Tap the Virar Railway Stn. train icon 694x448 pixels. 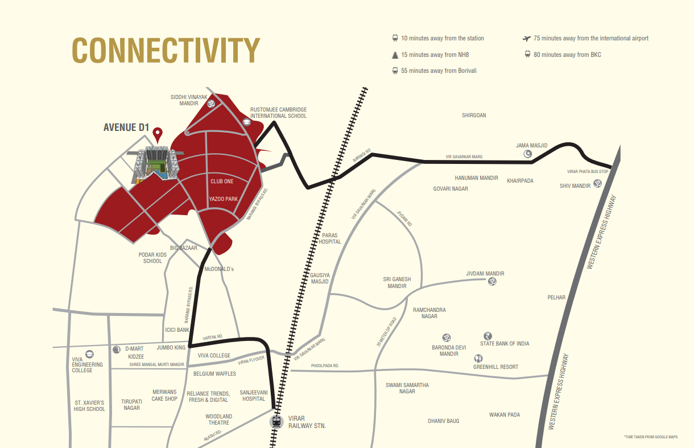[276, 422]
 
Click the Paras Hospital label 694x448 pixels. [331, 238]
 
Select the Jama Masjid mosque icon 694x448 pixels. [527, 154]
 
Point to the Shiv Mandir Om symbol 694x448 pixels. [597, 183]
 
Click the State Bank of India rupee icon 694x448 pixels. [487, 336]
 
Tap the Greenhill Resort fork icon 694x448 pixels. [478, 359]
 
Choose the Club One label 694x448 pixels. [222, 181]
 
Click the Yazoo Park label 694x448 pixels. [223, 199]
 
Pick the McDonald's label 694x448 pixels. [219, 269]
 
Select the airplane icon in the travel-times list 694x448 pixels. [526, 38]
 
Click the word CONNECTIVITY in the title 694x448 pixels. [166, 50]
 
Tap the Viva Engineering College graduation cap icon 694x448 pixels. [89, 354]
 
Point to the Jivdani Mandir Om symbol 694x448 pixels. [493, 281]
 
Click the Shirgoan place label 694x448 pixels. [474, 116]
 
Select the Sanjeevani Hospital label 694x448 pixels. [253, 396]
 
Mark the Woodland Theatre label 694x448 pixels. [219, 420]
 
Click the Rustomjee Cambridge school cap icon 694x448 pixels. [247, 121]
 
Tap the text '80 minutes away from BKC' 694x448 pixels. [567, 55]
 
